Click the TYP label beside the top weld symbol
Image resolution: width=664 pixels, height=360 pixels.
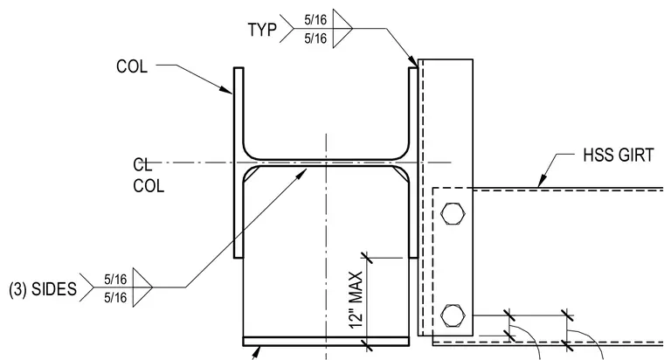(262, 30)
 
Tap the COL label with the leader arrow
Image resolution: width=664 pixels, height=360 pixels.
(132, 66)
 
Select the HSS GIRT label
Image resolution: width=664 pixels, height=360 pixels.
(619, 155)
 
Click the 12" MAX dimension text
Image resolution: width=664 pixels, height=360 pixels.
(356, 300)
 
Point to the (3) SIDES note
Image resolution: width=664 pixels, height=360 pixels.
(43, 289)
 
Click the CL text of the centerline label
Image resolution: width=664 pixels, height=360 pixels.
(142, 165)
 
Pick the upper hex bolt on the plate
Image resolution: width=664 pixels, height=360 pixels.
(453, 213)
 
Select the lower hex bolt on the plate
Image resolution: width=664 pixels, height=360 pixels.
(453, 315)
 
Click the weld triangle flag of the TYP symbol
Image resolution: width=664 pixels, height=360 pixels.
(342, 28)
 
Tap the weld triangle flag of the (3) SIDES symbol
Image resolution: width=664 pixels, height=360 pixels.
(142, 287)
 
